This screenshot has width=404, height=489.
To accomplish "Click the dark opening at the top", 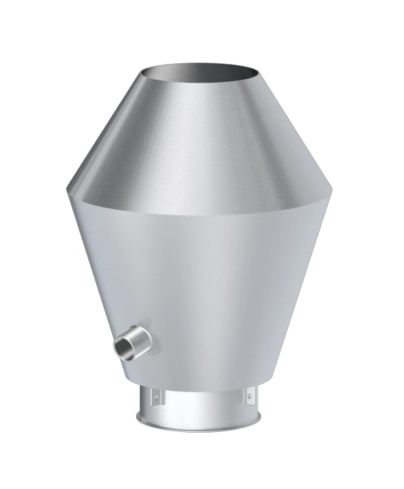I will (x=199, y=71).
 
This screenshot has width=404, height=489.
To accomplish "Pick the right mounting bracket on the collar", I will (x=247, y=395).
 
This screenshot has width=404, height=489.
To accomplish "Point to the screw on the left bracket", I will (x=156, y=396).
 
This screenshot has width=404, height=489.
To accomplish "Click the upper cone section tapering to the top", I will (x=199, y=138).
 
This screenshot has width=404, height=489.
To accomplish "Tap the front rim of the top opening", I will (x=199, y=83).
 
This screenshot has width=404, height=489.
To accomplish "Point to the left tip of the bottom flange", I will (x=137, y=416).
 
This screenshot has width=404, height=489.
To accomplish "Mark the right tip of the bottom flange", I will (x=264, y=416).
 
